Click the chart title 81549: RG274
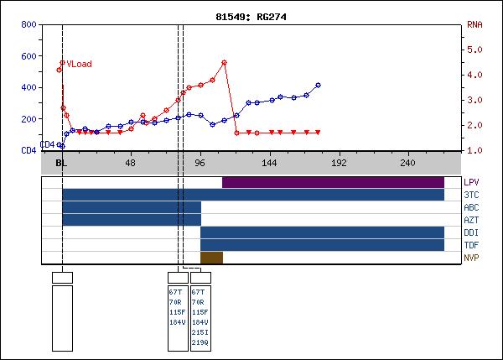pos(251,16)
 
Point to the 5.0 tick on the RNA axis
pos(474,50)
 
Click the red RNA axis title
pos(474,24)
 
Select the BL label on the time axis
pos(61,163)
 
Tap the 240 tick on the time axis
pos(407,163)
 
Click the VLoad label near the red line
pos(80,64)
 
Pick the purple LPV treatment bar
pos(333,182)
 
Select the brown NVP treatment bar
pos(211,258)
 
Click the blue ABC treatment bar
pos(132,207)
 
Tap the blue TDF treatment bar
pos(322,245)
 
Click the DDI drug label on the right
pos(471,232)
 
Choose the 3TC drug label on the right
pos(471,195)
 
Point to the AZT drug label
pos(471,220)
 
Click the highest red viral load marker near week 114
pos(225,62)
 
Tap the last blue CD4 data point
pos(318,85)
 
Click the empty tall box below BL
pos(62,317)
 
